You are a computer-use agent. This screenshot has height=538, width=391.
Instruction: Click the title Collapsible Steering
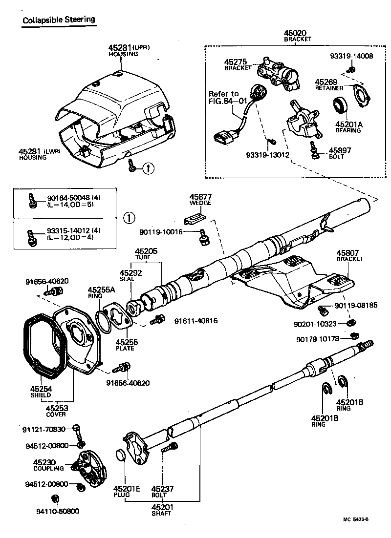[58, 20]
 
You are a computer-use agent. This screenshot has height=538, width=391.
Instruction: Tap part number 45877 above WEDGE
[199, 199]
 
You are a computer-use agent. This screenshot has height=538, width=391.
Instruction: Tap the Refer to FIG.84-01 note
[224, 98]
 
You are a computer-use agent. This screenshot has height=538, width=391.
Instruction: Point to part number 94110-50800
[58, 511]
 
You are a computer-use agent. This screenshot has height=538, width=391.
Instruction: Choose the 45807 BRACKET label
[350, 256]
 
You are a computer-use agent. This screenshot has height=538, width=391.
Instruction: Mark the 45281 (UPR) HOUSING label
[129, 50]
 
